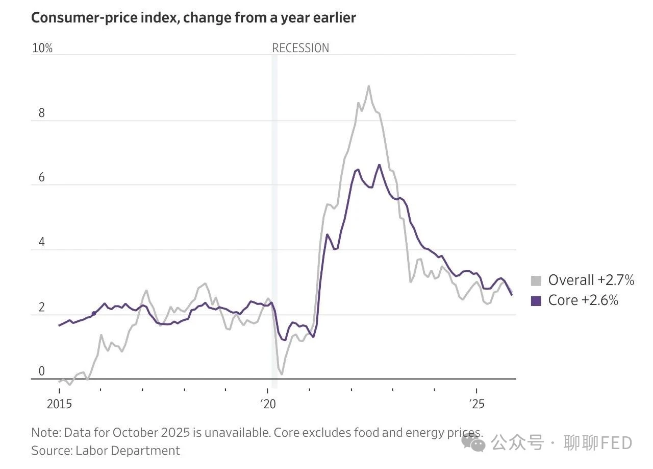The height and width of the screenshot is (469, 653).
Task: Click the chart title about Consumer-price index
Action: click(193, 18)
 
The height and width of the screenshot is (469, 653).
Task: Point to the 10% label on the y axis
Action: click(42, 49)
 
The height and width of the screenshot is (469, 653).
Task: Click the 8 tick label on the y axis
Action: click(42, 113)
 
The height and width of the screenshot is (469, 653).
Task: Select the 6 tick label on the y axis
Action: click(42, 178)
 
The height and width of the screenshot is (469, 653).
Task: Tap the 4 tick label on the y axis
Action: click(42, 242)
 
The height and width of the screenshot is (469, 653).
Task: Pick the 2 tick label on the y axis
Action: click(42, 307)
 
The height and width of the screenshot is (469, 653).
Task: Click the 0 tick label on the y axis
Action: click(42, 371)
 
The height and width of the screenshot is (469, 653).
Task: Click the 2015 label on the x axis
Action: click(59, 404)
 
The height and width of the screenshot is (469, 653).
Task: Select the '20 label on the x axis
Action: click(268, 404)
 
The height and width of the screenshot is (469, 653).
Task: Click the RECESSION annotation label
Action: click(300, 49)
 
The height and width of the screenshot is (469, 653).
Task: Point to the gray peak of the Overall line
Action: click(369, 86)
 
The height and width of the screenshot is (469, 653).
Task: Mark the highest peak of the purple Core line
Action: click(379, 165)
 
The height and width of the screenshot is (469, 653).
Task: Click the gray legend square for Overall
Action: click(536, 280)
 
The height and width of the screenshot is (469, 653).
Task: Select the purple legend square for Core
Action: click(536, 300)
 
